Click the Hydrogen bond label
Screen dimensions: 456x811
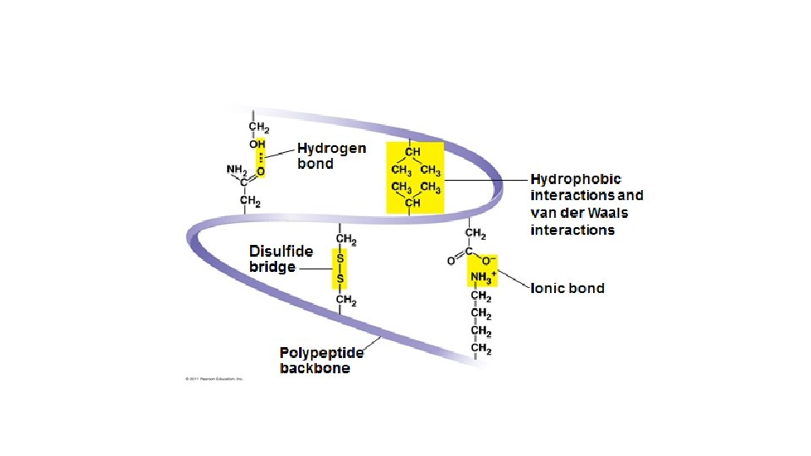331,156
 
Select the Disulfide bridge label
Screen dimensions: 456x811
281,258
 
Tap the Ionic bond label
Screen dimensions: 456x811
567,288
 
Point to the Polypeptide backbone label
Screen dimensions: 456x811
322,360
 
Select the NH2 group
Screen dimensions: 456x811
236,169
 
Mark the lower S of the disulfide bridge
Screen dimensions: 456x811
340,278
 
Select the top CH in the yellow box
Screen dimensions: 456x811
414,152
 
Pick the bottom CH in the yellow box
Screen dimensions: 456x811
413,204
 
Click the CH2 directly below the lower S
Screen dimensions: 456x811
346,300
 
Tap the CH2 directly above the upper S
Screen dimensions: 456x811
346,239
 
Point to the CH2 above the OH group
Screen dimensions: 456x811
259,128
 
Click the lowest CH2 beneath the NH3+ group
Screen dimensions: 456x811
482,348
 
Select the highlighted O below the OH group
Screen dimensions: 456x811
260,171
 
